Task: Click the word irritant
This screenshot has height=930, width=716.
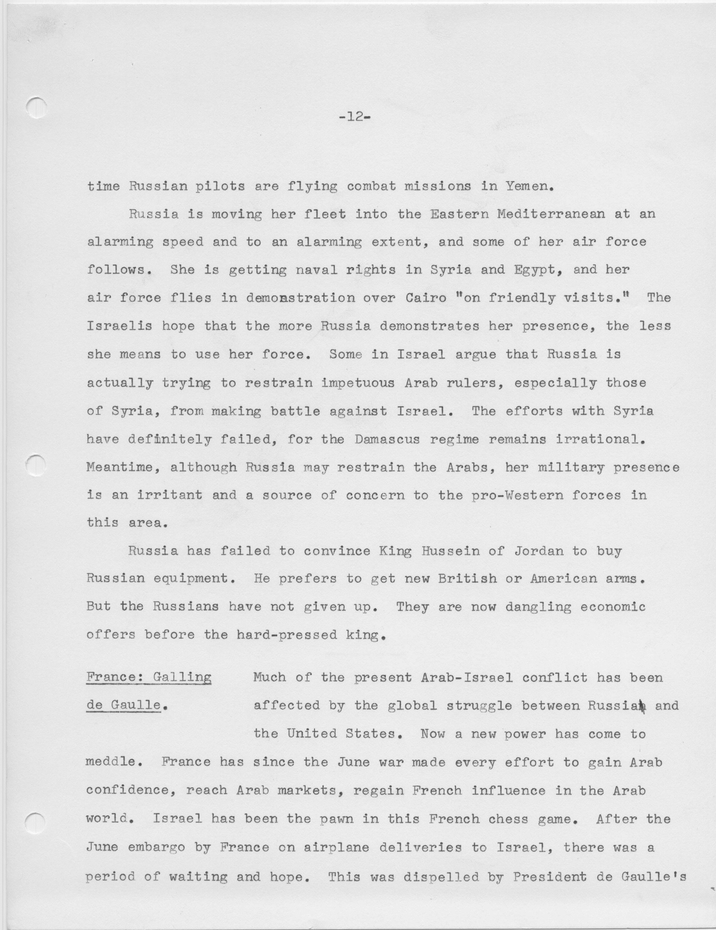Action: coord(169,495)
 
